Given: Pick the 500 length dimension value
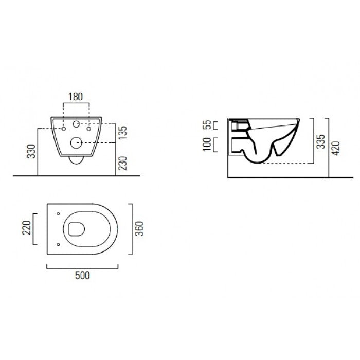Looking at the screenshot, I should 82,275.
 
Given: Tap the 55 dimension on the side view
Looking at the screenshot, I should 207,125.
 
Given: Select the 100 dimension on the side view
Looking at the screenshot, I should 207,145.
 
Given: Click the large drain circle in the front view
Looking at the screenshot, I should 76,142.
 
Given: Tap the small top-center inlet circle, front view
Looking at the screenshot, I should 76,124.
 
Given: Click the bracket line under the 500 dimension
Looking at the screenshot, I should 82,268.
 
